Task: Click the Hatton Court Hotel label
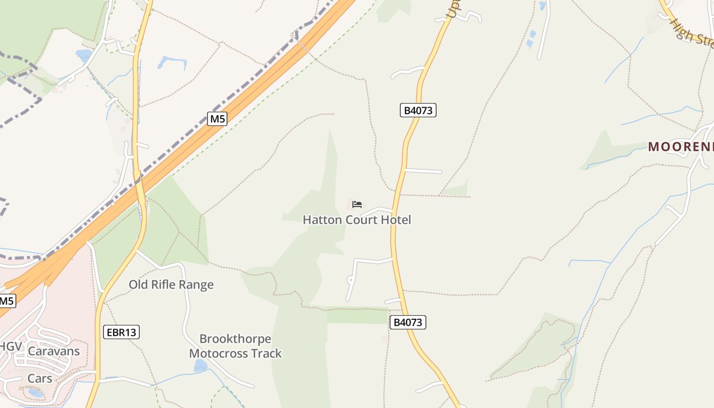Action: pos(356,220)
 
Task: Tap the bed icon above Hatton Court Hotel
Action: pos(357,205)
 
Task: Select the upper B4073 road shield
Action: pos(418,110)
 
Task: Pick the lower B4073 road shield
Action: pos(408,322)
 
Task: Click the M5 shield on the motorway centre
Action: pos(217,119)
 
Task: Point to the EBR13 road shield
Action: pos(121,333)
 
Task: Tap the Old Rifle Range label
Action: pos(171,285)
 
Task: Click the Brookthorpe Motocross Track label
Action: pos(235,346)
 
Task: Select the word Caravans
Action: pos(54,351)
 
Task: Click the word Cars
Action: pos(40,378)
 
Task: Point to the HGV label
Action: pos(10,347)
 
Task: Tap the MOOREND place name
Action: pos(681,147)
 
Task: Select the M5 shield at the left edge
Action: pos(6,301)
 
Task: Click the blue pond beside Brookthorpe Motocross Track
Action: pos(200,366)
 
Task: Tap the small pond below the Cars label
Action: pos(36,393)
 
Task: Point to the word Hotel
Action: pos(396,220)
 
